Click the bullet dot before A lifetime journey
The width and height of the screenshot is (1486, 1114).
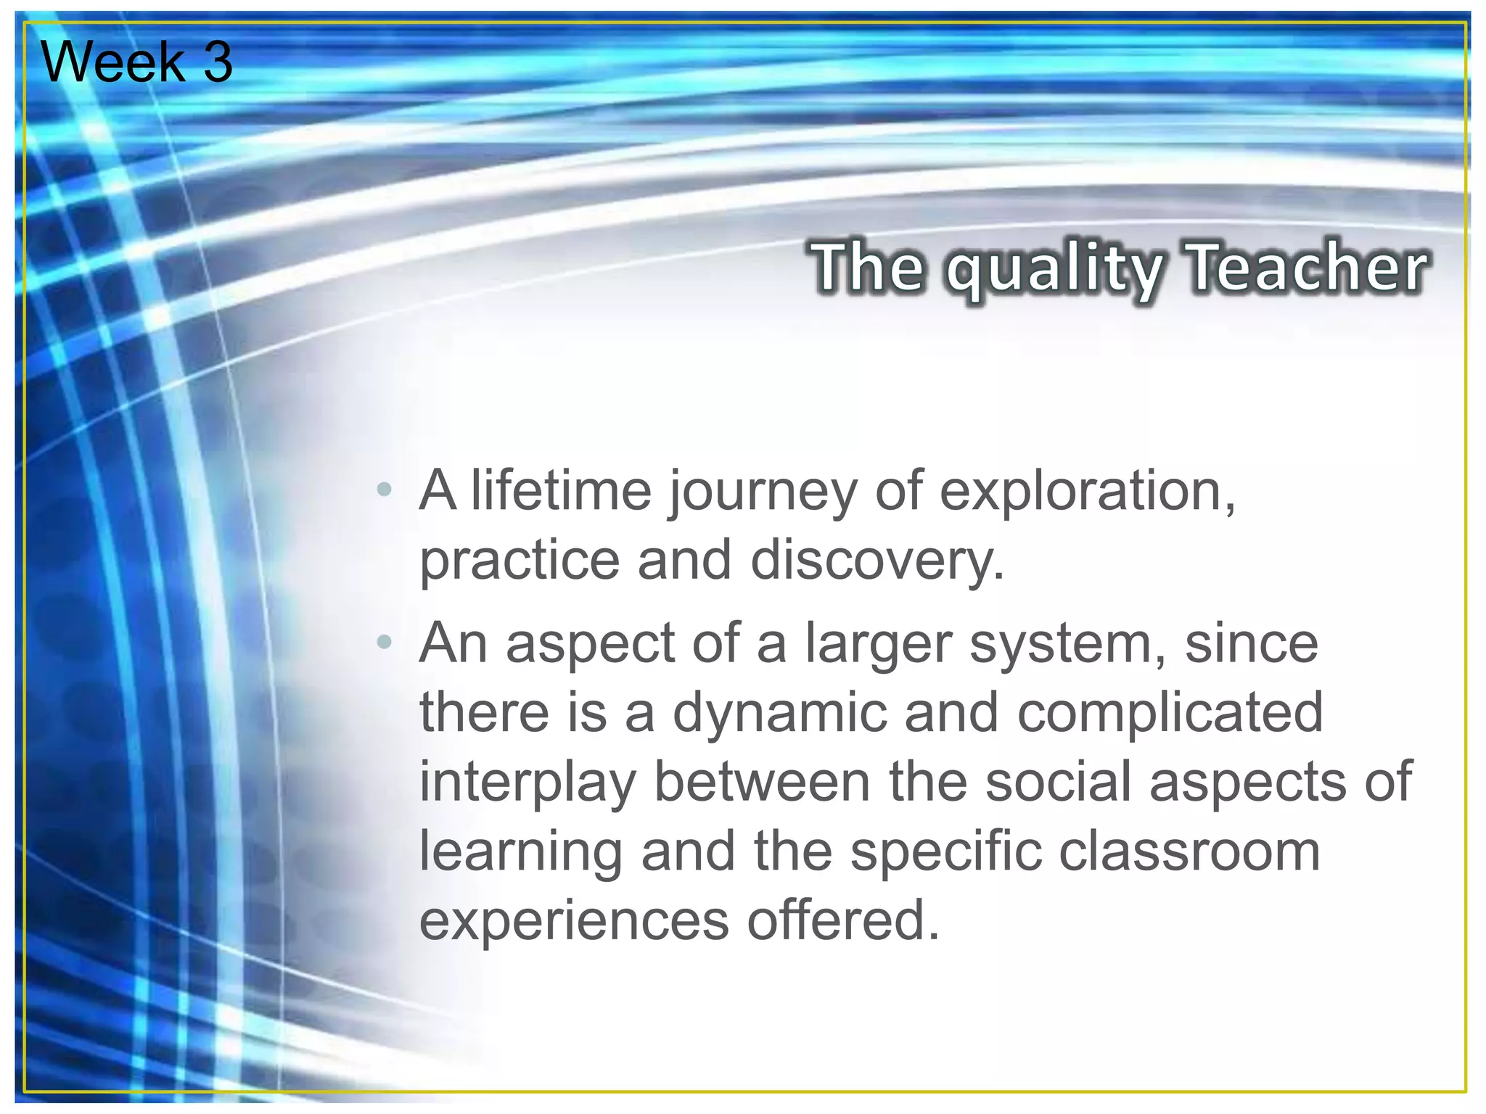pyautogui.click(x=385, y=490)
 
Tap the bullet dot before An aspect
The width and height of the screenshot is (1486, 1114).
pyautogui.click(x=385, y=641)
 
